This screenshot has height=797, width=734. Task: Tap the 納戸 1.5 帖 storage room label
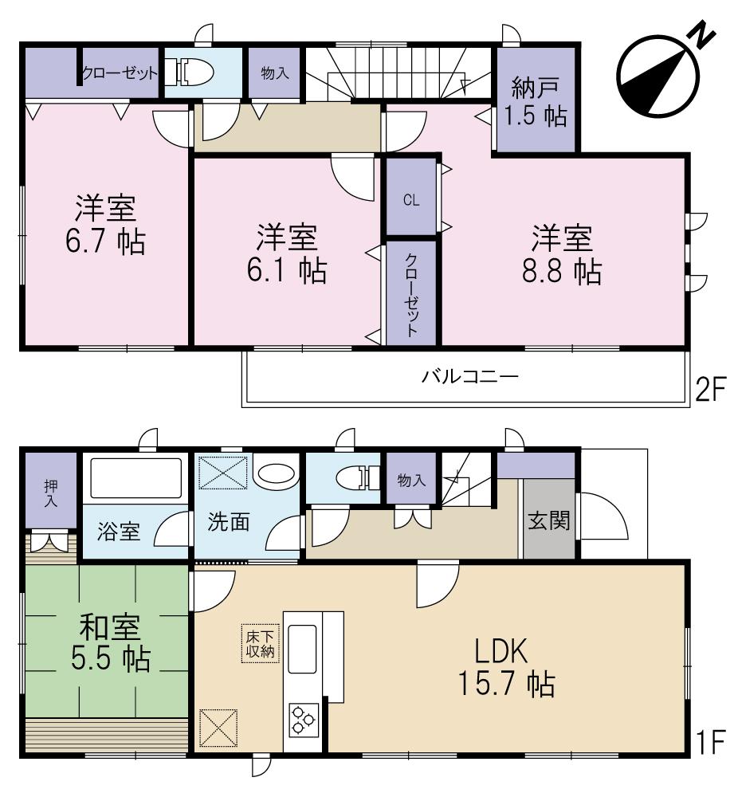coord(535,101)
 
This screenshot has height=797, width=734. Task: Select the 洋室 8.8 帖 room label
coord(562,254)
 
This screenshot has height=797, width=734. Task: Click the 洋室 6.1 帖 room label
coord(286,254)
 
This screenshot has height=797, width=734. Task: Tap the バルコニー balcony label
coord(470,376)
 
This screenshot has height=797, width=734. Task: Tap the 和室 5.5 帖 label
coord(105,642)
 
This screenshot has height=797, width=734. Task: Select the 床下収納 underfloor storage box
coord(258,643)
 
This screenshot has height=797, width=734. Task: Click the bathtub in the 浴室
coord(135,478)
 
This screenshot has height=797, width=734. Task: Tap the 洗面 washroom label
coord(229,522)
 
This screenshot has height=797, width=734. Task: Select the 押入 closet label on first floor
coord(50,493)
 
